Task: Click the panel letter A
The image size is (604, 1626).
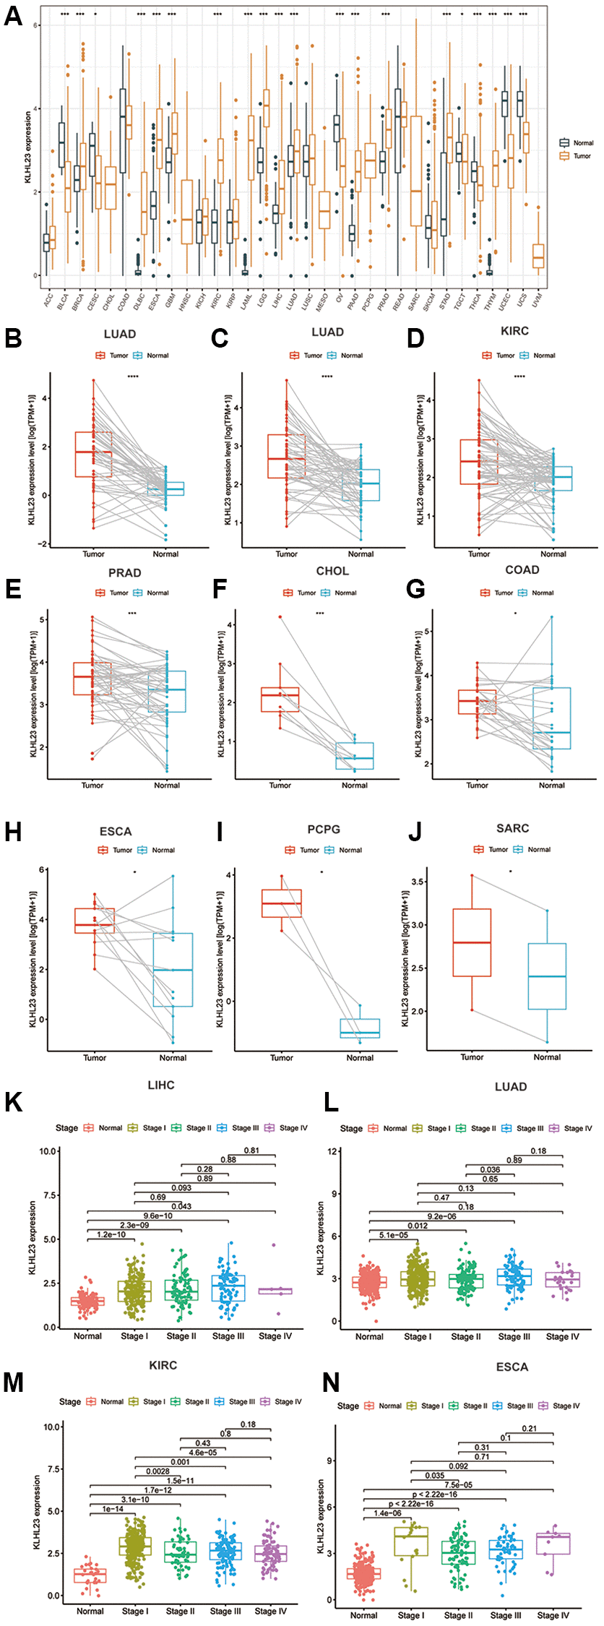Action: click(x=12, y=15)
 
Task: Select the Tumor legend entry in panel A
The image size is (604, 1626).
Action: click(x=582, y=155)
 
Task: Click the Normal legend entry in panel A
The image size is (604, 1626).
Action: click(x=582, y=143)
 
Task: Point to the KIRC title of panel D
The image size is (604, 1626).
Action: click(x=514, y=331)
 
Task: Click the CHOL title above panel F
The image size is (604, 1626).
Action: click(x=332, y=571)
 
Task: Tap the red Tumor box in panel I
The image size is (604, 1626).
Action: click(x=282, y=903)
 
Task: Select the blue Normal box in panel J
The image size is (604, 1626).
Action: click(x=547, y=976)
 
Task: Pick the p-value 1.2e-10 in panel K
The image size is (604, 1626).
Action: click(x=111, y=1234)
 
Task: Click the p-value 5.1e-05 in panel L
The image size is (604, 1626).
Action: click(x=393, y=1235)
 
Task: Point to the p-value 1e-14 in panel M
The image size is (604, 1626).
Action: click(x=113, y=1509)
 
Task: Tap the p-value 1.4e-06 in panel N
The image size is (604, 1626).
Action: click(x=387, y=1513)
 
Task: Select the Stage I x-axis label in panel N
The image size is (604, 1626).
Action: click(x=411, y=1615)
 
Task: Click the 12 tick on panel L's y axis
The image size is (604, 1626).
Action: click(x=334, y=1151)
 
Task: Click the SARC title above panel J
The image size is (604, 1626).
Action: click(x=512, y=828)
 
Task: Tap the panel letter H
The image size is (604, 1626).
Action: click(x=12, y=832)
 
